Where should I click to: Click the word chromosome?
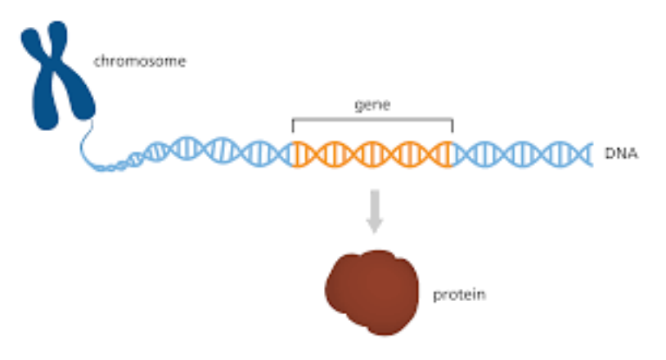pos(139,61)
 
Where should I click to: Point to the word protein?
pos(459,294)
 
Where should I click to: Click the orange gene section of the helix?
pos(372,153)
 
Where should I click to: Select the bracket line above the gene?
pos(372,120)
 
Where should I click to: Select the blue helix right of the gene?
pos(524,153)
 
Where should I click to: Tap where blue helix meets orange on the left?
pos(293,153)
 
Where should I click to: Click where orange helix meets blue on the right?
pos(452,153)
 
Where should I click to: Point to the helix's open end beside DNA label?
pos(587,153)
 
